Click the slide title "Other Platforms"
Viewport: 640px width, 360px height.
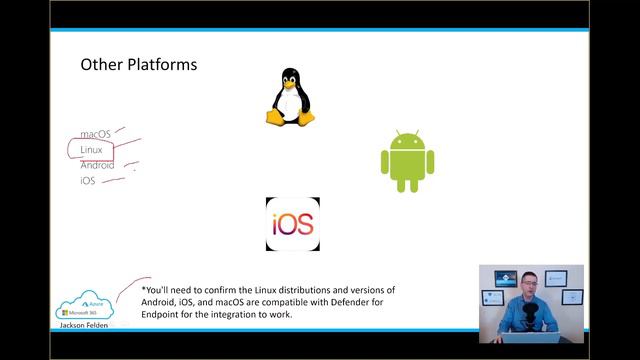coord(139,65)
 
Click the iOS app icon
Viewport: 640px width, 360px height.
coord(293,224)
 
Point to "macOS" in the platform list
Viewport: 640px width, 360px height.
coord(96,134)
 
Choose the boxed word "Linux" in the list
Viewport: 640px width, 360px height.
coord(92,150)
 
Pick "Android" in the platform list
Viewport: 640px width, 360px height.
coord(97,165)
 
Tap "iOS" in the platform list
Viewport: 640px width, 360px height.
coord(88,181)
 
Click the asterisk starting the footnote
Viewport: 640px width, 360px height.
coord(144,290)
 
